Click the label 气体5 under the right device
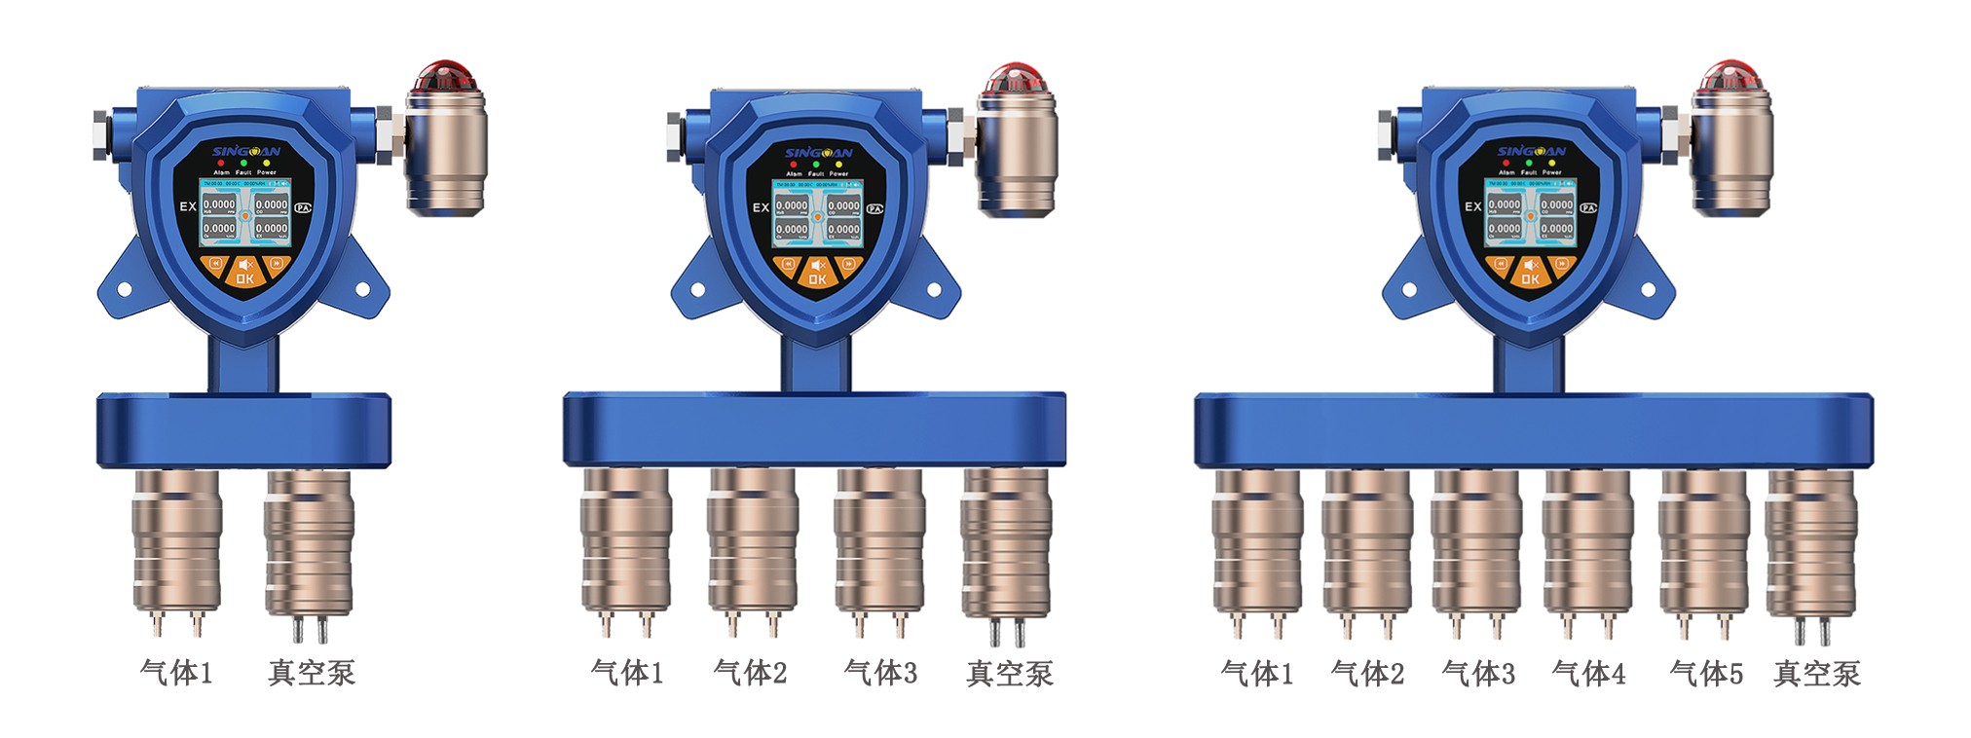click(1706, 673)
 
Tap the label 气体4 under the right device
click(1588, 673)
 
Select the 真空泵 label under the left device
click(312, 673)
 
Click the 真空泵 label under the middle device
click(1010, 674)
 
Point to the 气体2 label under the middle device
click(750, 673)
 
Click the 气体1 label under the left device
click(176, 673)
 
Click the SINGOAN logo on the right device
click(1531, 152)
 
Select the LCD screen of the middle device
click(817, 211)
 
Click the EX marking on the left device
click(188, 206)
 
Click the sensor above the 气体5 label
click(1704, 545)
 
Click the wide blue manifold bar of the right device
click(1534, 428)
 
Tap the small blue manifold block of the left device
click(243, 429)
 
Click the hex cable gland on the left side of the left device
click(101, 133)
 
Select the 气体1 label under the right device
click(1257, 673)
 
